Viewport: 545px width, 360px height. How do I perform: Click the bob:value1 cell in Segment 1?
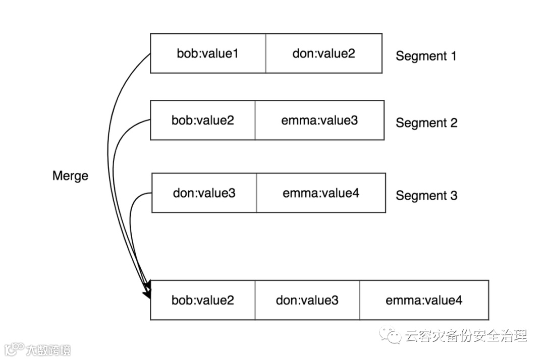207,53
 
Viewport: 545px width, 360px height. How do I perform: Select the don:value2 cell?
323,53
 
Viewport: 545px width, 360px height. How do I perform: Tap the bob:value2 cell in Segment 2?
202,121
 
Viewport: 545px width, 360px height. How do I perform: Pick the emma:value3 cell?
320,121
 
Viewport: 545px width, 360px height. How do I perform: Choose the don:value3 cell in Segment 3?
204,193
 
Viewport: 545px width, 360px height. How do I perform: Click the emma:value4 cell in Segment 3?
321,193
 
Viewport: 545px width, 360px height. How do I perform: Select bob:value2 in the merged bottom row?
202,301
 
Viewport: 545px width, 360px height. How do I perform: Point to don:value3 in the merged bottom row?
307,301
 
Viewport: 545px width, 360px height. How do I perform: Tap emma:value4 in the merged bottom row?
424,301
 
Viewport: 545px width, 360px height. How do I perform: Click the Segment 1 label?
426,56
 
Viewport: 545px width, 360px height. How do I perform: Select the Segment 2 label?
426,123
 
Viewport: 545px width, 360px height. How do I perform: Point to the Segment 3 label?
426,195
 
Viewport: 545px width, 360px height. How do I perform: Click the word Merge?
70,176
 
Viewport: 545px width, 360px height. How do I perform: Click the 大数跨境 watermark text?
48,349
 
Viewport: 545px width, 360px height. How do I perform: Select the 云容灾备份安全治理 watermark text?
465,336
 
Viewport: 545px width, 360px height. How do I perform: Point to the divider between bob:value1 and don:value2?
266,53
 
